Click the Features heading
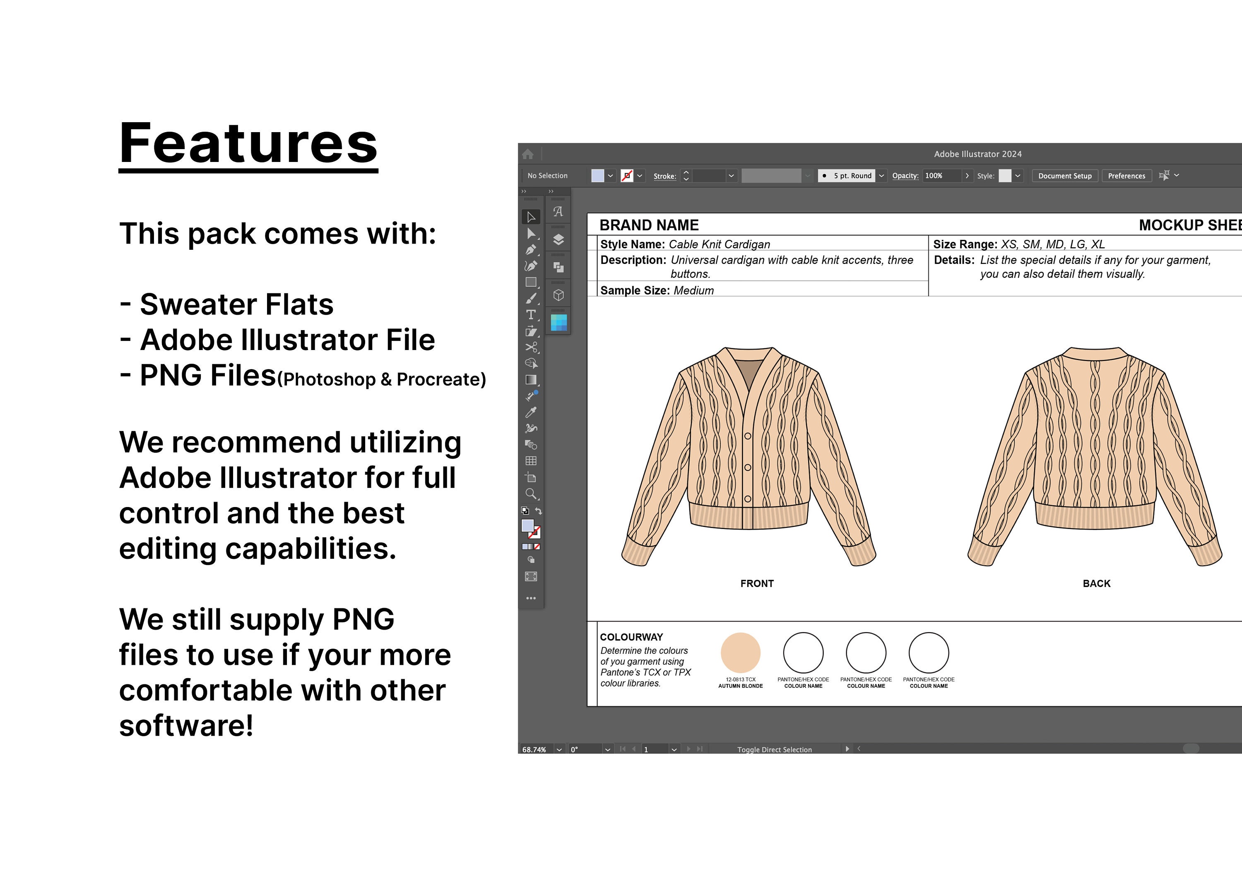(248, 143)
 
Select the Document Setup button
(1064, 176)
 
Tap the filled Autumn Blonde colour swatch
(741, 653)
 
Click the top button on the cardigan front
(748, 436)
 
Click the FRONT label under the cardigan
(757, 584)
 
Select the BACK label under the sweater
(1097, 584)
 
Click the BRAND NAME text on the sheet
(649, 225)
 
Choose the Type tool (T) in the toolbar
(531, 315)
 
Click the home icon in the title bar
(528, 154)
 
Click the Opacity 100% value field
(941, 176)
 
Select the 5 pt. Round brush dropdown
(852, 176)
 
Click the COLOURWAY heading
(631, 637)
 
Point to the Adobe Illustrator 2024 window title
(977, 154)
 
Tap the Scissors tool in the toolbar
(531, 348)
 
